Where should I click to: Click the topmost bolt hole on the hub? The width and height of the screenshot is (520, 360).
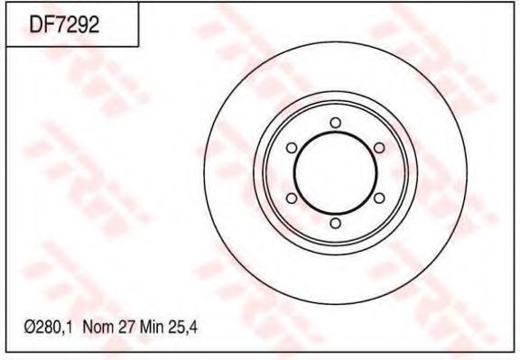pyautogui.click(x=335, y=122)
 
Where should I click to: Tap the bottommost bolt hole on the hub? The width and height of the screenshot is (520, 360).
pyautogui.click(x=335, y=222)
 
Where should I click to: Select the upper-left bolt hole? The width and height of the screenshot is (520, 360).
pyautogui.click(x=292, y=147)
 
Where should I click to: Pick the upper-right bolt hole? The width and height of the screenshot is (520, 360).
pyautogui.click(x=378, y=147)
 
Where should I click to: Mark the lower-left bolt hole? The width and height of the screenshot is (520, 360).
pyautogui.click(x=292, y=198)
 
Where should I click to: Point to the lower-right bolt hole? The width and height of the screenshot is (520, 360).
pyautogui.click(x=378, y=198)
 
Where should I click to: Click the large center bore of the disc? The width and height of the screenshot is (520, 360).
pyautogui.click(x=335, y=172)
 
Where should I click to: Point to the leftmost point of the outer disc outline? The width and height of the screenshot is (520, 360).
pyautogui.click(x=206, y=172)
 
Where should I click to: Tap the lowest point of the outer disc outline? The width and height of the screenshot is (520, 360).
pyautogui.click(x=335, y=301)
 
